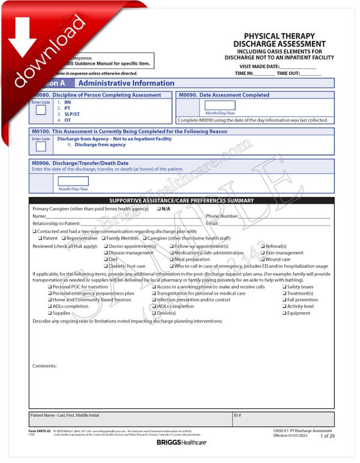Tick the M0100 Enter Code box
41,146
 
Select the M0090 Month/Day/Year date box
220,105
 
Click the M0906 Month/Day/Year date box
73,181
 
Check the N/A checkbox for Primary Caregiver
159,209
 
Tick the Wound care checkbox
263,259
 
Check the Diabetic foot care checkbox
106,266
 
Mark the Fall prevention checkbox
284,300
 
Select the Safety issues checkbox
284,287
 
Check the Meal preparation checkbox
172,259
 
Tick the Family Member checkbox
101,238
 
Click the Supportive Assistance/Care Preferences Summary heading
181,201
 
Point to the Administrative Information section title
126,83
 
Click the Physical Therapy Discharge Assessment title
284,40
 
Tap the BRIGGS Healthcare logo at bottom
181,443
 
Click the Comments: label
44,366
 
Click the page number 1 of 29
327,436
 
